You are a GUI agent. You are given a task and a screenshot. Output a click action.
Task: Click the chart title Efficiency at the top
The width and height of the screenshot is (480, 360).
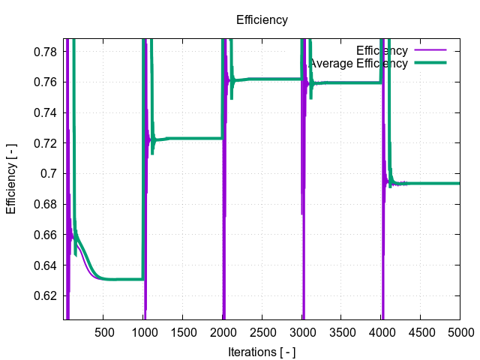pos(262,20)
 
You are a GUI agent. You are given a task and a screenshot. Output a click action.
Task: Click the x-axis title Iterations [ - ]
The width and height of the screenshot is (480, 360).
pos(262,351)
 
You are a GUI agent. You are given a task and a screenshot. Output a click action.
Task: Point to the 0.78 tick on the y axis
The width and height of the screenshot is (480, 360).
pos(46,52)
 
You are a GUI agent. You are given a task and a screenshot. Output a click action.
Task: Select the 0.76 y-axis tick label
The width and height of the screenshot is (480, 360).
pos(46,82)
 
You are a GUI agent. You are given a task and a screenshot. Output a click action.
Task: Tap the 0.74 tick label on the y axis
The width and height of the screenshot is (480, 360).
pos(46,113)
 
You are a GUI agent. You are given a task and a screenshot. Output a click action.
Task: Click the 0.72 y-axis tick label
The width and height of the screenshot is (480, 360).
pos(46,143)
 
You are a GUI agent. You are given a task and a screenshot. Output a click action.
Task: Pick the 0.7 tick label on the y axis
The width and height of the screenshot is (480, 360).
pos(49,174)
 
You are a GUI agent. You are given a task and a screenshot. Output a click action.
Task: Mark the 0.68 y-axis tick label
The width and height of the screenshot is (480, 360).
pos(46,204)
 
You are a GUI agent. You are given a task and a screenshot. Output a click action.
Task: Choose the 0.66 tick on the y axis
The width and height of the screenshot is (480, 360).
pos(46,235)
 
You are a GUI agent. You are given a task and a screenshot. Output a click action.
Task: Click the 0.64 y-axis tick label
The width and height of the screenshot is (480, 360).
pos(46,265)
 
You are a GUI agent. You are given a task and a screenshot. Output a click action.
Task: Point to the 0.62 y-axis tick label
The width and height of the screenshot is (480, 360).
pos(46,295)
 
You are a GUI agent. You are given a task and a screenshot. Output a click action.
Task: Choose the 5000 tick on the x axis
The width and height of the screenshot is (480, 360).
pos(460,332)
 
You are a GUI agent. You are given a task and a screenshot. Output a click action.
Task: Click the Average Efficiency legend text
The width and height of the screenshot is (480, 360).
pos(358,64)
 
